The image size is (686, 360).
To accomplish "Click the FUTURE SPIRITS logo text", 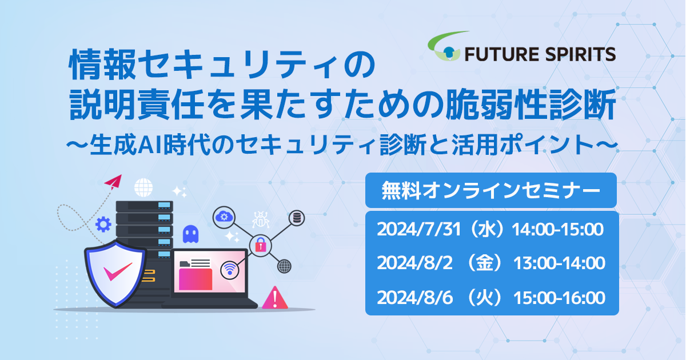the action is [x=540, y=54].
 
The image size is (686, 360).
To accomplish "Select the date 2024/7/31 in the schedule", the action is [x=418, y=229].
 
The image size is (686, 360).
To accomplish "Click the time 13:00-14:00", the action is [x=559, y=263].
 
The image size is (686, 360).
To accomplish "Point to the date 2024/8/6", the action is [x=414, y=298].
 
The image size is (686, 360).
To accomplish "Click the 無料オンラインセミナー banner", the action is [x=491, y=190].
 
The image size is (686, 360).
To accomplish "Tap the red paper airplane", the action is [x=113, y=182].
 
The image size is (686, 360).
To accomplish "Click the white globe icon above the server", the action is [x=143, y=187].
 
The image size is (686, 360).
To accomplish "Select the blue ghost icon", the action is [x=190, y=234].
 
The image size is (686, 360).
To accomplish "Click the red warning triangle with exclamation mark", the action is [x=275, y=298].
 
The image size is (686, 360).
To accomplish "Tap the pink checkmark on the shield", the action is [x=117, y=271].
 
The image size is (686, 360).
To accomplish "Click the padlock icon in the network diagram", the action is [x=261, y=246].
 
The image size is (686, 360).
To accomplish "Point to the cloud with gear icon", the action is [x=224, y=217].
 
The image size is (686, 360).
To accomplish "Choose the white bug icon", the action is [x=261, y=219].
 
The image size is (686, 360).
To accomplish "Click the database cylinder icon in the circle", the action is [x=297, y=218].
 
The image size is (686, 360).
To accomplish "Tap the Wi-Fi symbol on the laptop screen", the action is [x=230, y=269].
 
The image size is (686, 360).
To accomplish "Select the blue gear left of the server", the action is [x=103, y=225].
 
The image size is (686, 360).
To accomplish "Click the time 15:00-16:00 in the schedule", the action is [x=559, y=298].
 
